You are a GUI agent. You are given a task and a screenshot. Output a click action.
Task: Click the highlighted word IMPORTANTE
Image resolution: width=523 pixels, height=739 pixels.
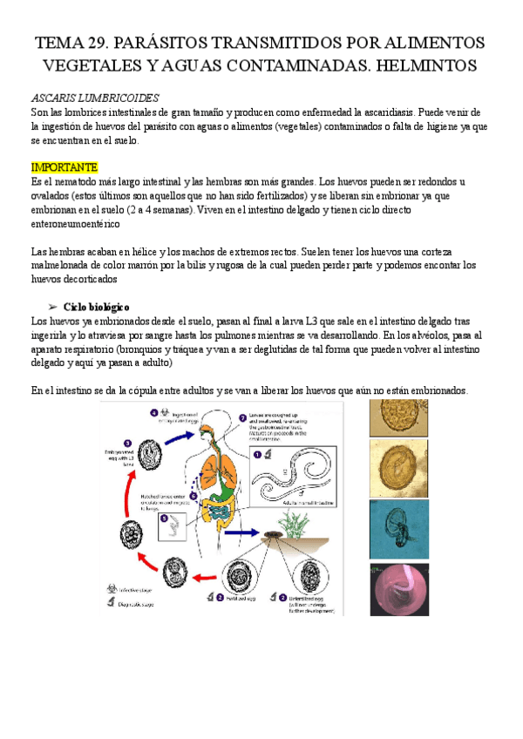65,166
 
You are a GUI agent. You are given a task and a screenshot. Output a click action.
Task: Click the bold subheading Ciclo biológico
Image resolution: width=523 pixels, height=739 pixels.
97,307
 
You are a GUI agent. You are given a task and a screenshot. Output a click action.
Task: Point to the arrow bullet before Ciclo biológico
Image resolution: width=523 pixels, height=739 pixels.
53,307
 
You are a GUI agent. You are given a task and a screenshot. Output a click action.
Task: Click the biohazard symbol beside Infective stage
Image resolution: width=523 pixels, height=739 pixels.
111,589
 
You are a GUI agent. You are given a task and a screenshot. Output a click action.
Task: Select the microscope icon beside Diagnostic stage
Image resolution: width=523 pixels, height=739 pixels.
111,604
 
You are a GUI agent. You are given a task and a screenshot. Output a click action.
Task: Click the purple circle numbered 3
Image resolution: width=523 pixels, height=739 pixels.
126,443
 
